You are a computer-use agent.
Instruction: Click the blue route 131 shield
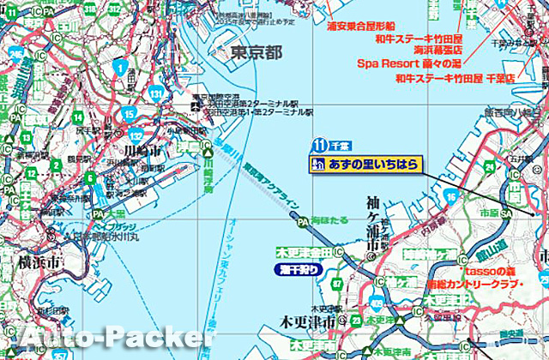point(155,92)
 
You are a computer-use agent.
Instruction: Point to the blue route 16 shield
point(451,197)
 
